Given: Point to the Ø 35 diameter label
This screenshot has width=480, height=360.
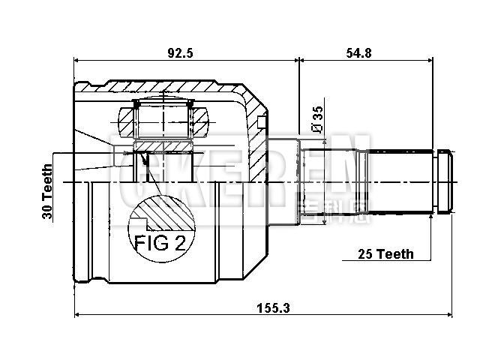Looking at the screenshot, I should coord(318,120).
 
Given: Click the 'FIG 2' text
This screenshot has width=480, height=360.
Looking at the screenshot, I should coord(160,243).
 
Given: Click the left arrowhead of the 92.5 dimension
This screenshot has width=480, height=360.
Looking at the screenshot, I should coord(78,61).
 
